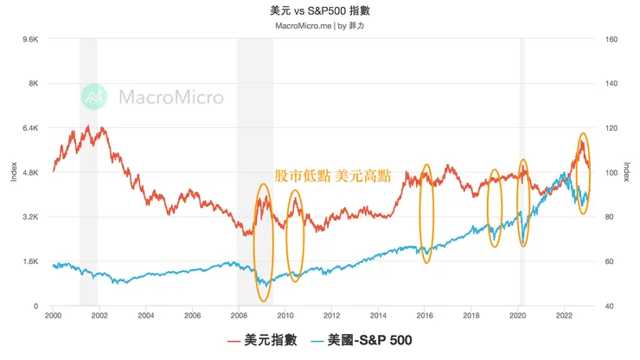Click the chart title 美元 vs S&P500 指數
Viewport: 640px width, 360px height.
click(320, 12)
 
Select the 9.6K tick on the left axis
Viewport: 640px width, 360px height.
click(29, 39)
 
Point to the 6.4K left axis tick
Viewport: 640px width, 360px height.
click(29, 128)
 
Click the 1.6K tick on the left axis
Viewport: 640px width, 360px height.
click(29, 261)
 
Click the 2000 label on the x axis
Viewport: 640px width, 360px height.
click(53, 316)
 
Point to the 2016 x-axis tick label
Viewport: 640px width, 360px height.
click(425, 316)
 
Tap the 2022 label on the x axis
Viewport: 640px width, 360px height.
click(564, 316)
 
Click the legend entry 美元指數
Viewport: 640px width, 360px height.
click(264, 341)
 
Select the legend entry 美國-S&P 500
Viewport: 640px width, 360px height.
click(364, 341)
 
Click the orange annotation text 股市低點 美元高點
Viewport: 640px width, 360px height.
click(332, 177)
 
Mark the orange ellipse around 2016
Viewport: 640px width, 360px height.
click(426, 213)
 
